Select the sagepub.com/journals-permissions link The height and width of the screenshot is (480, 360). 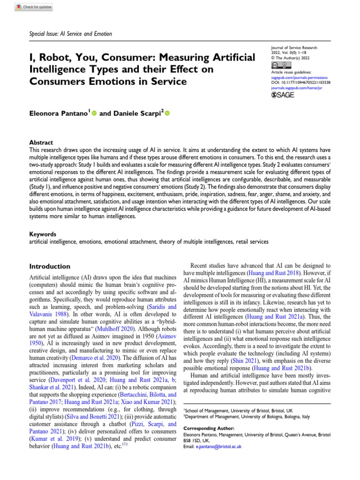(300, 77)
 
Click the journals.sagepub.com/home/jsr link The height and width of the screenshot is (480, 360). (293, 87)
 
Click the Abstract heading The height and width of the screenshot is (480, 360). (41, 142)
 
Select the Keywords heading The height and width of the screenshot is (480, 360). (43, 234)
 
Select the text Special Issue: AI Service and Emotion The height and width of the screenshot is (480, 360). (72, 34)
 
